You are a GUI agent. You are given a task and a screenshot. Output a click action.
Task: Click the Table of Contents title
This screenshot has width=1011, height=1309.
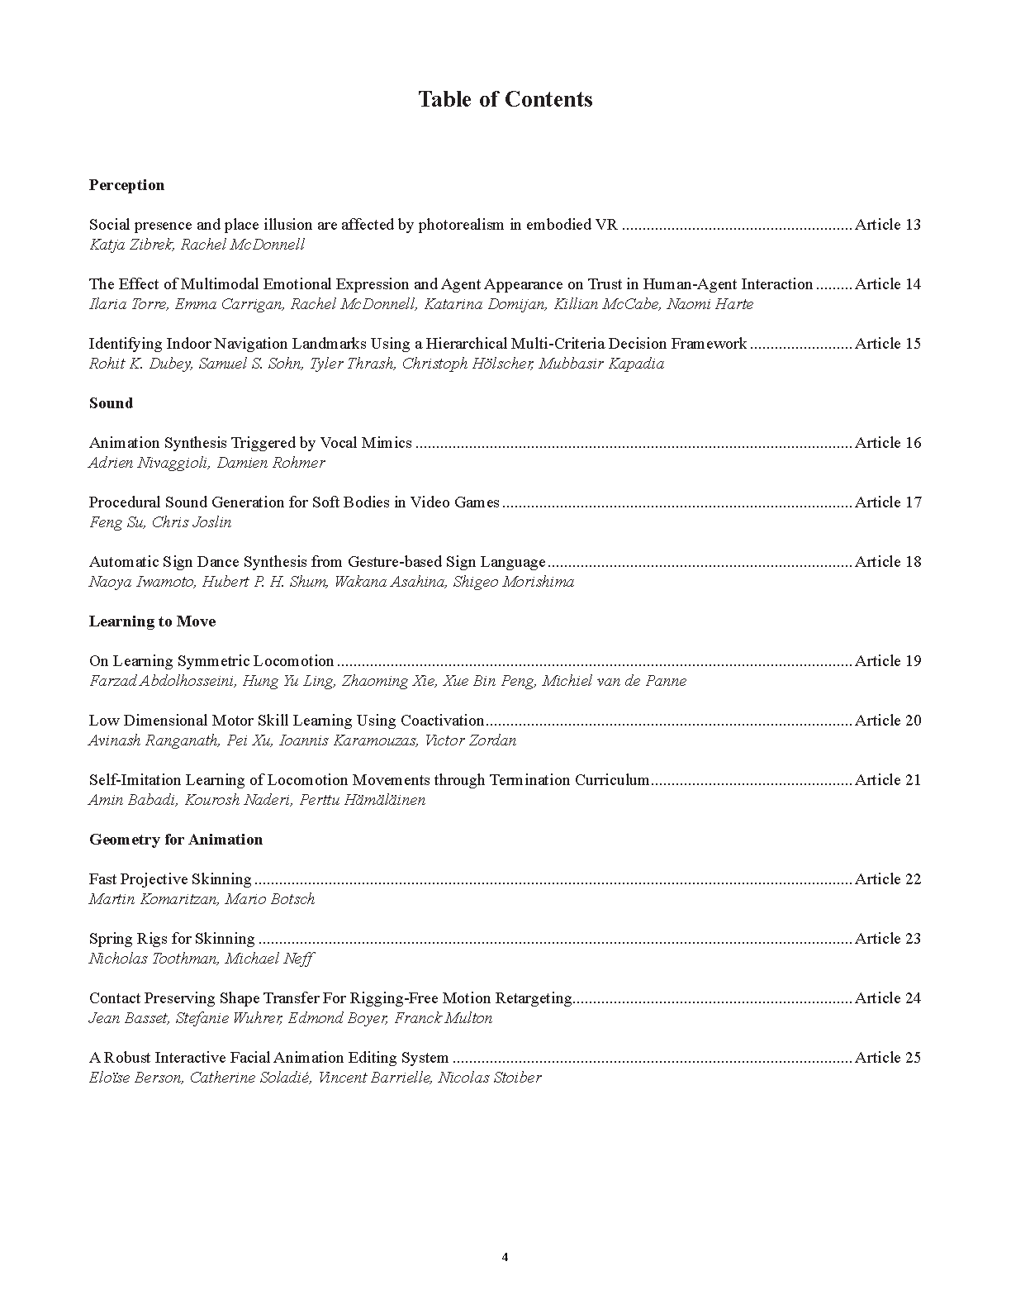tap(505, 100)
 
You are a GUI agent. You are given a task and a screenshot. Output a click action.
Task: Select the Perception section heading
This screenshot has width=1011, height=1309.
tap(126, 185)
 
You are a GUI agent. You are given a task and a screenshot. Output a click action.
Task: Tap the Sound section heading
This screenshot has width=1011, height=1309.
tap(111, 403)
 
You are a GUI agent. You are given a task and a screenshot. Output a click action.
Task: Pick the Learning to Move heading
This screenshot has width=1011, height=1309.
tap(152, 621)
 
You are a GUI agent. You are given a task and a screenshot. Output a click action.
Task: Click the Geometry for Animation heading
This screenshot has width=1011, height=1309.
tap(175, 840)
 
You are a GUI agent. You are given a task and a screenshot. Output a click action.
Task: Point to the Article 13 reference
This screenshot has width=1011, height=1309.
tap(887, 225)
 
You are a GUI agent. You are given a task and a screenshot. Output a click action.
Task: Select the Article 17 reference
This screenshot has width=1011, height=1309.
tap(887, 502)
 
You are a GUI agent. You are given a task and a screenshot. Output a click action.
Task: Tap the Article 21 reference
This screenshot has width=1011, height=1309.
tap(887, 780)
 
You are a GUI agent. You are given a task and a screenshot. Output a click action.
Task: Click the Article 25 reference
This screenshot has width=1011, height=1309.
tap(887, 1058)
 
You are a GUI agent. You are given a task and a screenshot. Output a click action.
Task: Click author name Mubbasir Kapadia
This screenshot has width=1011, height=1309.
tap(601, 364)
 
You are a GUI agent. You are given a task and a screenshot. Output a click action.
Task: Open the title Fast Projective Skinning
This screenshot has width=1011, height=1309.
tap(170, 879)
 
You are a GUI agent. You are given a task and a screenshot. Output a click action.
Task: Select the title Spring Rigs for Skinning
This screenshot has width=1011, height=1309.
tap(172, 939)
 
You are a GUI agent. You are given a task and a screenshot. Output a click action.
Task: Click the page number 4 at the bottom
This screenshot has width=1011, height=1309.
tap(505, 1258)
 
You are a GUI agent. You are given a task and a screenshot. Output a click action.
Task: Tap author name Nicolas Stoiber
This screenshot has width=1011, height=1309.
tap(490, 1078)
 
